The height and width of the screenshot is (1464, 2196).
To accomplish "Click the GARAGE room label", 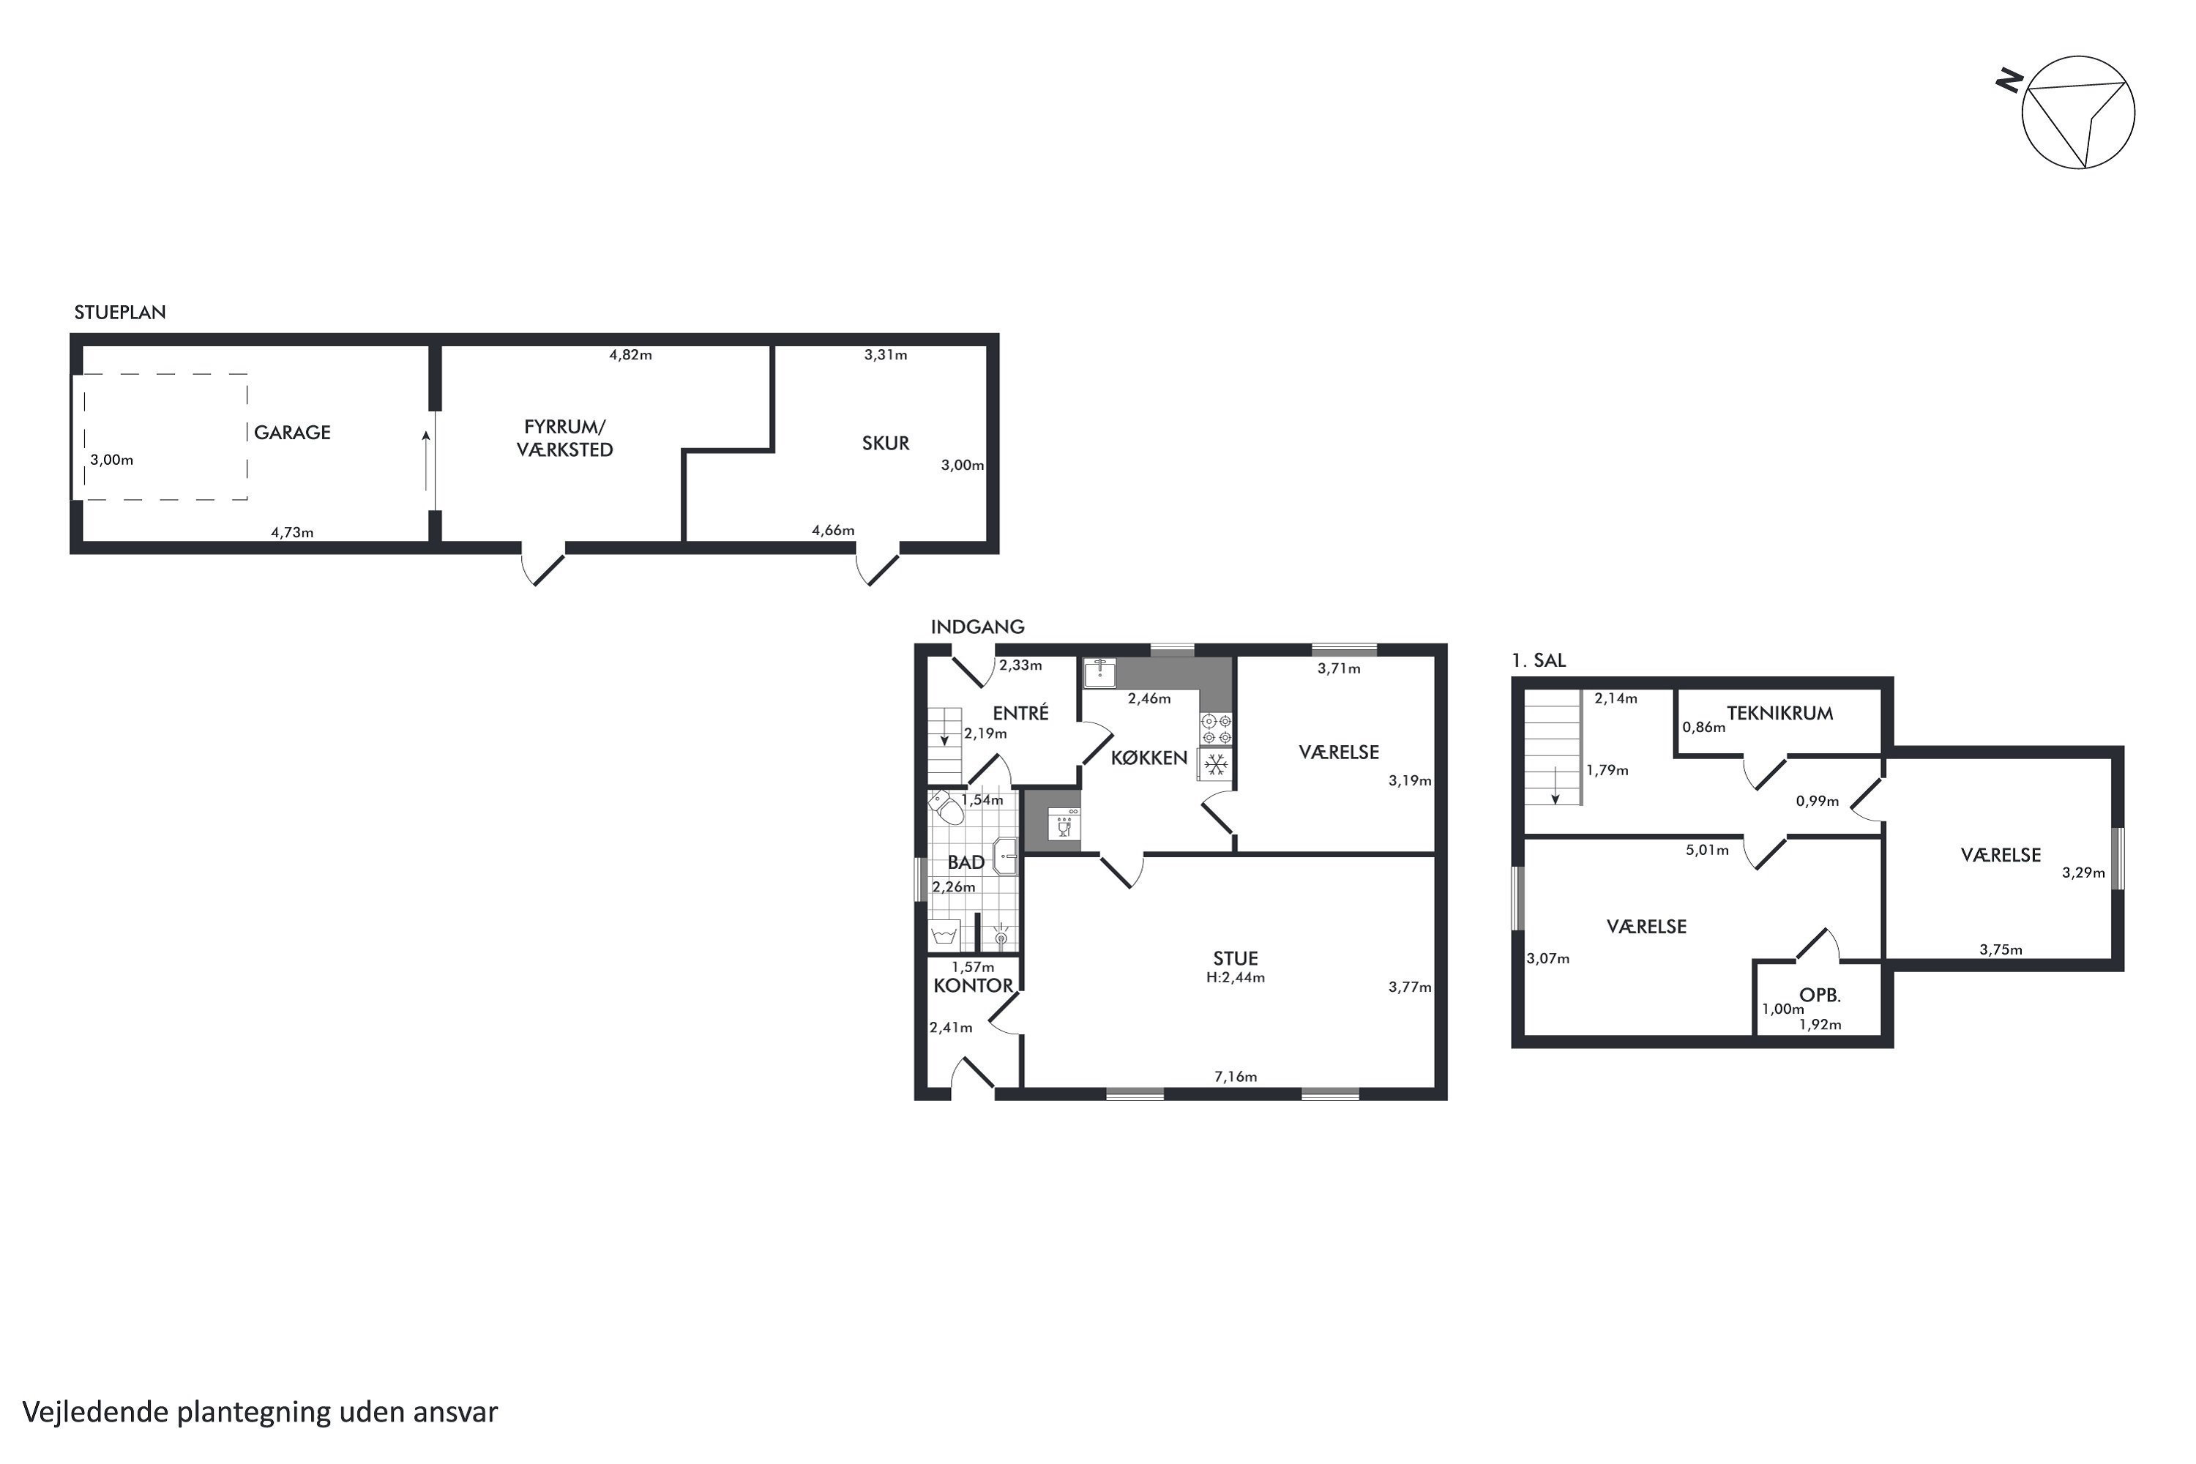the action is point(292,433).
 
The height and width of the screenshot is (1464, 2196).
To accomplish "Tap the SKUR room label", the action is point(885,444).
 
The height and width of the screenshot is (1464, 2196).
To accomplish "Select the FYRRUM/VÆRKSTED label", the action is point(565,438).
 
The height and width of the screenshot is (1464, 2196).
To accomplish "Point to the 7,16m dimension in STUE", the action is point(1236,1077).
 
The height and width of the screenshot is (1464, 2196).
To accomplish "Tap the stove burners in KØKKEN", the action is point(1216,728).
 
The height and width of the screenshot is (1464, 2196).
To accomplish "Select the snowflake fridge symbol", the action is point(1214,766).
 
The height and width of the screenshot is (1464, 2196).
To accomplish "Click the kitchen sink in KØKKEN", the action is point(1100,672).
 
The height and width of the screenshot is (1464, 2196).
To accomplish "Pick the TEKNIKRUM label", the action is point(1779,713).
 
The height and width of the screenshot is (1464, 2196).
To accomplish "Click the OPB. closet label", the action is point(1820,996).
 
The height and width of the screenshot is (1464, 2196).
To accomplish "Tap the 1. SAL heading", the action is point(1539,660).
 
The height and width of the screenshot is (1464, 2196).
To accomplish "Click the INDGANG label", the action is point(977,627).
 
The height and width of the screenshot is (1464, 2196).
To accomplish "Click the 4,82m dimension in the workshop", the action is point(630,355).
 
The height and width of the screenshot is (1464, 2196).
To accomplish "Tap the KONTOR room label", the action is point(973,986).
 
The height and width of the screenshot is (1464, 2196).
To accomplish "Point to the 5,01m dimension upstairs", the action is point(1707,851).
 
